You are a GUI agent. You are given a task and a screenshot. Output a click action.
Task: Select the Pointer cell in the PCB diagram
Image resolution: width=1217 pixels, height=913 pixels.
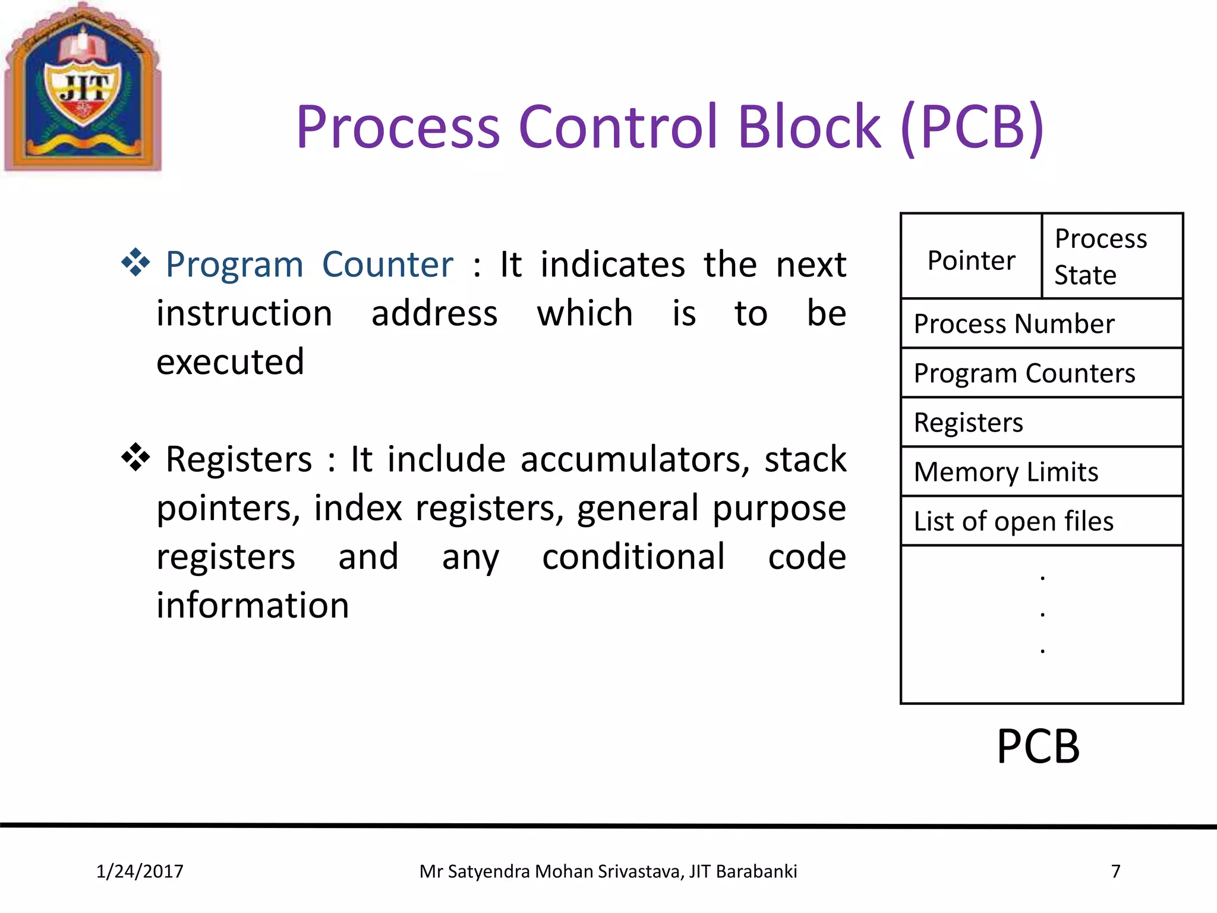(971, 260)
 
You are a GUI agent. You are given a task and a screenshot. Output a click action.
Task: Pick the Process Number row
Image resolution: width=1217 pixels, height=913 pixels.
(1041, 324)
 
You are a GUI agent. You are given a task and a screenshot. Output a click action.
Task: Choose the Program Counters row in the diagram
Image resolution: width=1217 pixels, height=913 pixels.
(1041, 373)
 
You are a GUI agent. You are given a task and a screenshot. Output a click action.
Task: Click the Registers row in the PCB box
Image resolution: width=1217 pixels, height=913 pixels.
(1041, 423)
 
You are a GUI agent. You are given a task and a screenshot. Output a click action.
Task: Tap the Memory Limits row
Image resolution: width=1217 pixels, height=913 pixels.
(1041, 472)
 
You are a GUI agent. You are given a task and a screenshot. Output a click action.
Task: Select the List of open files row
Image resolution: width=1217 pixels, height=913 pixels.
(1041, 521)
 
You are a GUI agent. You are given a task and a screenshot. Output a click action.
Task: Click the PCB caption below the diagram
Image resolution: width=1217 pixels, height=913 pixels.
(1038, 747)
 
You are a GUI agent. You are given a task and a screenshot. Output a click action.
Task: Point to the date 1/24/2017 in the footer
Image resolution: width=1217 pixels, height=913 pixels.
(140, 871)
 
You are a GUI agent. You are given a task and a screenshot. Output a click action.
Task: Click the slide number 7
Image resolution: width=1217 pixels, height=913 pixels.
(1115, 871)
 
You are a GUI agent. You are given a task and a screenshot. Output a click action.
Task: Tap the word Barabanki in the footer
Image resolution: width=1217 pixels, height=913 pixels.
(756, 871)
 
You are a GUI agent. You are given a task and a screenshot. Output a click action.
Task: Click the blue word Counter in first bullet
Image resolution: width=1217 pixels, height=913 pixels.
(387, 265)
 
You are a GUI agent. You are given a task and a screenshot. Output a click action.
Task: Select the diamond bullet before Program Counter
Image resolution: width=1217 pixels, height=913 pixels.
(135, 262)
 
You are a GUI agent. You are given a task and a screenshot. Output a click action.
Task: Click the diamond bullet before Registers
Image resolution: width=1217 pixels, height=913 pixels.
(135, 457)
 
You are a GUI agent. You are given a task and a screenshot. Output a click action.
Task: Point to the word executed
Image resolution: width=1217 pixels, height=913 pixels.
(230, 362)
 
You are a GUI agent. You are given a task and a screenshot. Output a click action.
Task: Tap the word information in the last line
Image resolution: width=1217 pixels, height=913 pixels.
(253, 606)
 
